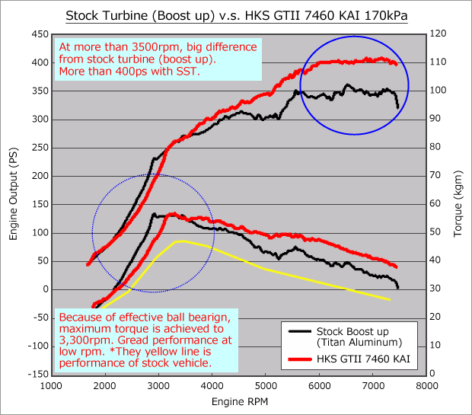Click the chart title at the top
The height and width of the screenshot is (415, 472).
coord(236,14)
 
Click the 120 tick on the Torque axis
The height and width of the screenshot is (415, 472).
coord(441,34)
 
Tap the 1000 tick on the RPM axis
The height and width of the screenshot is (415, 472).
coord(51,385)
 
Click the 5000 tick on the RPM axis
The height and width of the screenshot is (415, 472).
coord(266,385)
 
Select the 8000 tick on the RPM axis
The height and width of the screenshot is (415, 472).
coord(427,385)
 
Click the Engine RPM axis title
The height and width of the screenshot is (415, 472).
coord(238,401)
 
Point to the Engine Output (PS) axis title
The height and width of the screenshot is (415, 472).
coord(13,204)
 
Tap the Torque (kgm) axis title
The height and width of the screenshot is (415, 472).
coord(459,204)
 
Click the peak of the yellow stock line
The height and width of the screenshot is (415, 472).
coord(181,241)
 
